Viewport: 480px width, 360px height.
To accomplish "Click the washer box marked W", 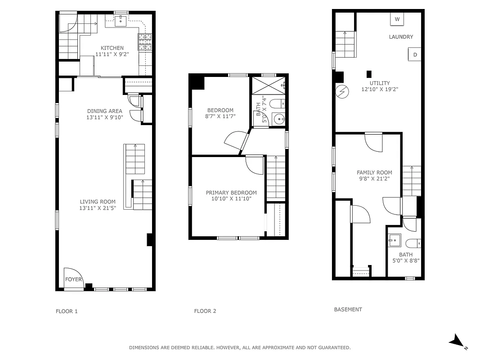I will (x=397, y=19).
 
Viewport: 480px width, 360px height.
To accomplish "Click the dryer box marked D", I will (x=415, y=54).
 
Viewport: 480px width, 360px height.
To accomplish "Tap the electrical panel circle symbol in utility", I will (x=342, y=92).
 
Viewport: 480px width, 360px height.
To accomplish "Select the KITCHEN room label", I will (x=112, y=48).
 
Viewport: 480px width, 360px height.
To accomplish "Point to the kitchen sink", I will (x=121, y=20).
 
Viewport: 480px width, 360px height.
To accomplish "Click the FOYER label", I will (x=74, y=279).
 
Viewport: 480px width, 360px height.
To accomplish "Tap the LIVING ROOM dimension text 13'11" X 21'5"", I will (x=98, y=208).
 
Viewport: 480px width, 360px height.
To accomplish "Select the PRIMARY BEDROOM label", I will (x=231, y=193).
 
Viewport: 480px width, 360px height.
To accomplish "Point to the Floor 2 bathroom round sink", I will (x=279, y=120).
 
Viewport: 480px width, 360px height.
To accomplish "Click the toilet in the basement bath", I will (x=413, y=244).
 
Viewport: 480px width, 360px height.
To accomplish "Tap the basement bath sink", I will (x=395, y=240).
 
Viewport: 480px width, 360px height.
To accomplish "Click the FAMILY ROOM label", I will (x=374, y=172).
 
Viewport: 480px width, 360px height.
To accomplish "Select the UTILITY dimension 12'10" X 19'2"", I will (x=380, y=89).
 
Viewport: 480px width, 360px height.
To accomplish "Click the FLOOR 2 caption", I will (x=205, y=311).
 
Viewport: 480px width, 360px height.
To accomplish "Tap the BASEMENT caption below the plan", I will (x=348, y=310).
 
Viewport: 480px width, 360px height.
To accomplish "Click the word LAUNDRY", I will (x=401, y=37).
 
